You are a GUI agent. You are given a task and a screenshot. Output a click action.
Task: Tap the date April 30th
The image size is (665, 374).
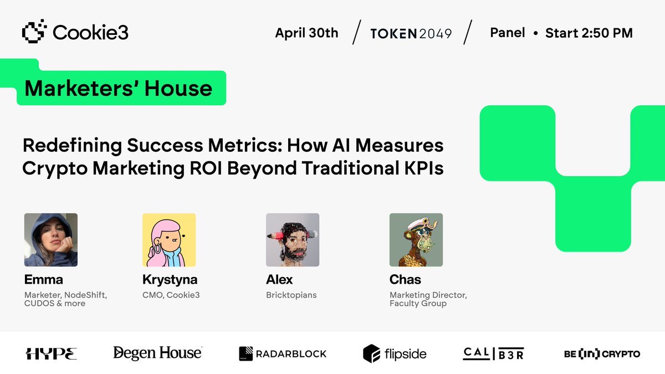tap(306, 33)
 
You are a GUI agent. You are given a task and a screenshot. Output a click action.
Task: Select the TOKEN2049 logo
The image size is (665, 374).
tap(411, 34)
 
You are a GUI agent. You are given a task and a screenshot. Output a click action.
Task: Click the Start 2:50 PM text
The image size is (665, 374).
tap(589, 33)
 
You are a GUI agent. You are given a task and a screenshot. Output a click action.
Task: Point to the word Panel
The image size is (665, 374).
tap(508, 33)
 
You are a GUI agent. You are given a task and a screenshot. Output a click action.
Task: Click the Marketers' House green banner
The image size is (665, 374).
tap(121, 88)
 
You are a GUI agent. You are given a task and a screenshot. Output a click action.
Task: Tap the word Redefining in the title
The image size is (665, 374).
tap(72, 146)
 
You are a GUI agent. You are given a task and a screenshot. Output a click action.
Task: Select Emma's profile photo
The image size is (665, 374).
tap(51, 240)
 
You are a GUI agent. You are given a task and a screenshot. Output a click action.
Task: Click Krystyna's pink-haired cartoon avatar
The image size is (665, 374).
tap(169, 240)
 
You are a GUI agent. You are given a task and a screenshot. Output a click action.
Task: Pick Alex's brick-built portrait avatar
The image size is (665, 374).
tap(293, 240)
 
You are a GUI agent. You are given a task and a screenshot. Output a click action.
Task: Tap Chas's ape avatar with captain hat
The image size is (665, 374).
tap(416, 240)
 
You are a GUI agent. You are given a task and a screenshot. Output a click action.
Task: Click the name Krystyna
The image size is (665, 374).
tap(170, 280)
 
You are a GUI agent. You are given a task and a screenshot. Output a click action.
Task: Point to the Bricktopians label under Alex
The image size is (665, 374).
tap(291, 295)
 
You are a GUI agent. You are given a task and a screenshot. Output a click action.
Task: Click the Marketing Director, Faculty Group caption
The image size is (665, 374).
tap(428, 299)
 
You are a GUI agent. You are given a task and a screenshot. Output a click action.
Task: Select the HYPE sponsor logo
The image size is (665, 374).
tap(52, 353)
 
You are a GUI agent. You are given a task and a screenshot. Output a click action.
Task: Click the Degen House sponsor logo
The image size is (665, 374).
tap(157, 353)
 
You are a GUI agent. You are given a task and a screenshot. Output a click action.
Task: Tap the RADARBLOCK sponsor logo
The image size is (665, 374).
tap(283, 353)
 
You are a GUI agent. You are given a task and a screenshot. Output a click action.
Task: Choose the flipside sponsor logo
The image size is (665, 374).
tap(395, 353)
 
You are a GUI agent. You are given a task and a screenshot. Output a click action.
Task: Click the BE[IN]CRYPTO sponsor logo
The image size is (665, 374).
tap(602, 354)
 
